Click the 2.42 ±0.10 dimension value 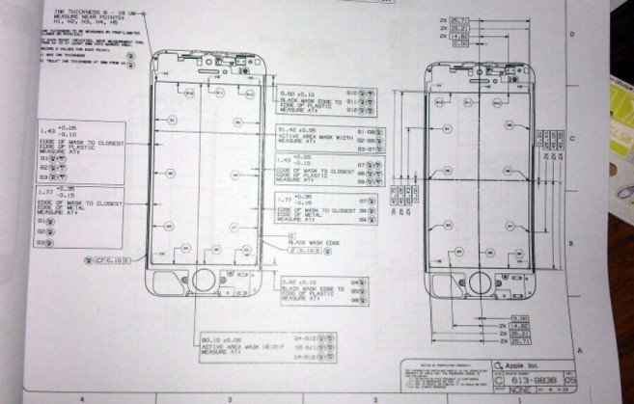pos(295,283)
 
